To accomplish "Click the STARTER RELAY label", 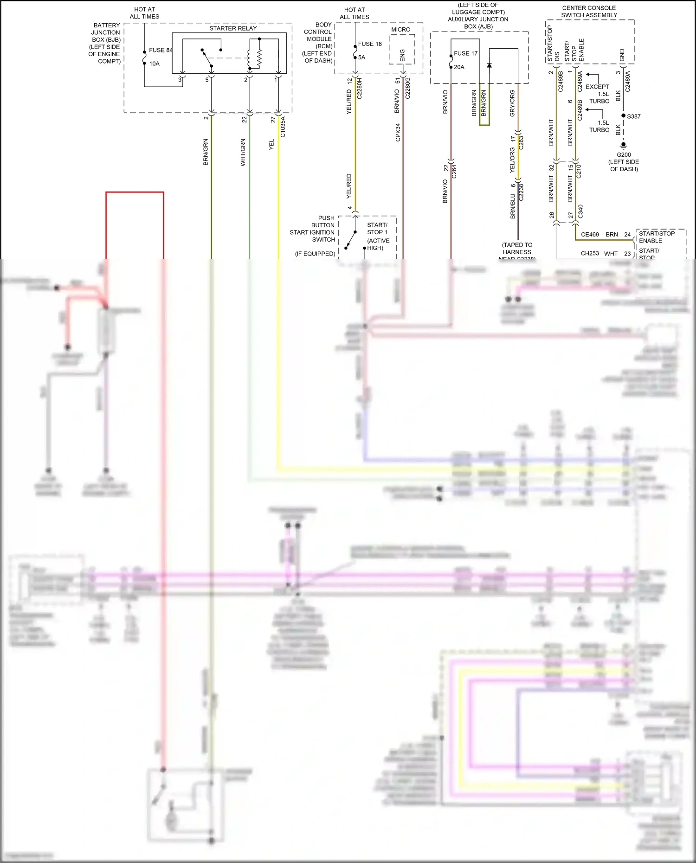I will click(232, 28).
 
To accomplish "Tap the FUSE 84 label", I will click(160, 50).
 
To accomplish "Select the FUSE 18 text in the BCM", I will click(370, 44).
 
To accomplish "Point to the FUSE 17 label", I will click(465, 53).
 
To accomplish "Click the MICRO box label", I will click(400, 29).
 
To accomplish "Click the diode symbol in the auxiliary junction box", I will click(489, 65).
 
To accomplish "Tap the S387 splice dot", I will click(624, 115).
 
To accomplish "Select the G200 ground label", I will click(624, 155).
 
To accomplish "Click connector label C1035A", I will click(283, 127).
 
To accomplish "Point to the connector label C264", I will click(454, 171).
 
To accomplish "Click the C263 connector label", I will click(521, 142).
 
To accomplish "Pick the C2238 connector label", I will click(521, 192).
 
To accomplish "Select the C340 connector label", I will click(580, 211).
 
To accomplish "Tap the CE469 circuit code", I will click(590, 235).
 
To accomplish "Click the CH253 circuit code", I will click(590, 254).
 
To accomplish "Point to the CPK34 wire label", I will click(398, 132).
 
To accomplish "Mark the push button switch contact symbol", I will click(350, 240).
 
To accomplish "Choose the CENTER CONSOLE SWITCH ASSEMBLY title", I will click(589, 12).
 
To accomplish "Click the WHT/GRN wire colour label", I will click(243, 152).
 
